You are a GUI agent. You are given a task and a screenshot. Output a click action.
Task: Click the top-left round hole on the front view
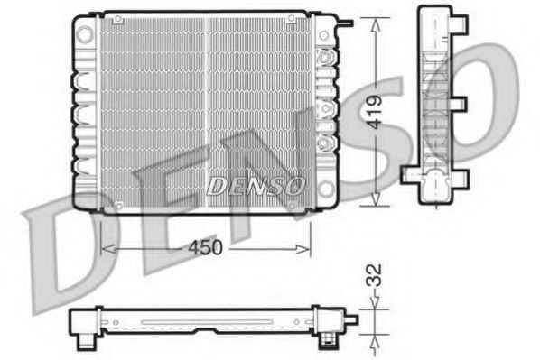point(84,33)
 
